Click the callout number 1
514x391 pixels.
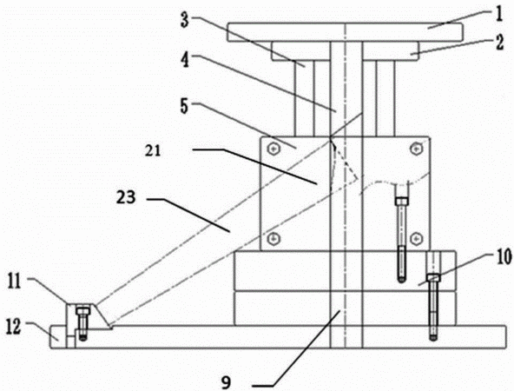[499, 15]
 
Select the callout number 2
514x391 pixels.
[499, 43]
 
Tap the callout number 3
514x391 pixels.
[185, 20]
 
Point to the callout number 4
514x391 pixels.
[185, 60]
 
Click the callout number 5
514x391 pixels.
[185, 106]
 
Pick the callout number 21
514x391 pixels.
[153, 150]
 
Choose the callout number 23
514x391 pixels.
[126, 197]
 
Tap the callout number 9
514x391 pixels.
[226, 382]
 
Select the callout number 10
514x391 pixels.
[504, 256]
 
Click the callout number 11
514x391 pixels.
[15, 282]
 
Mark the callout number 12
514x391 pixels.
[14, 327]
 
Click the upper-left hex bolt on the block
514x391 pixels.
[273, 149]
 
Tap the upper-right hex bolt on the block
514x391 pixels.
[416, 149]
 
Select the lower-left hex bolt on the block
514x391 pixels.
[273, 238]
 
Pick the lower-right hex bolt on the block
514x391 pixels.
[416, 238]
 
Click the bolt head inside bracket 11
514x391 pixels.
[83, 310]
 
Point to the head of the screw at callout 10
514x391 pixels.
[433, 278]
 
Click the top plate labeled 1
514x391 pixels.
[346, 32]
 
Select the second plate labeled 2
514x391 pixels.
[345, 51]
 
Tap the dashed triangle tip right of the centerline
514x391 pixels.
[358, 179]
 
